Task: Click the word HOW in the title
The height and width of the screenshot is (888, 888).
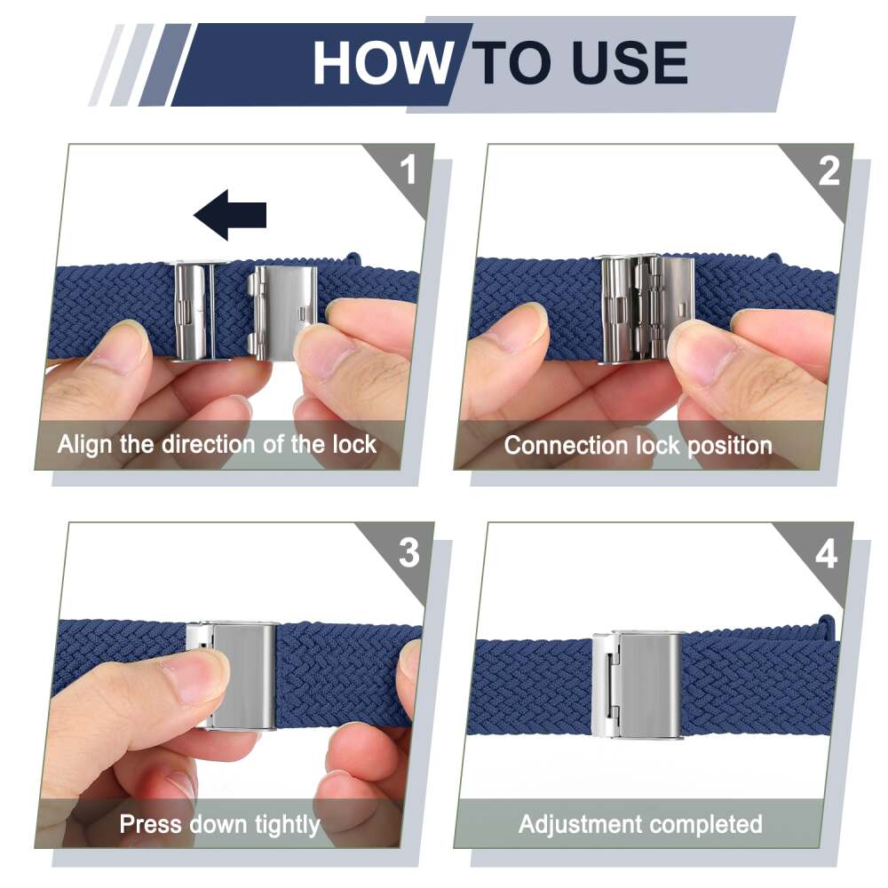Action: pyautogui.click(x=383, y=63)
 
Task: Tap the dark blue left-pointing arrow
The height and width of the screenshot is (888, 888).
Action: pyautogui.click(x=230, y=215)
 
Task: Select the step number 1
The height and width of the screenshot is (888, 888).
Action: pyautogui.click(x=408, y=170)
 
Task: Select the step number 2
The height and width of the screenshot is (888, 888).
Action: pyautogui.click(x=829, y=171)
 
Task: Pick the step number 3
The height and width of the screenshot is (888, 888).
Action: pyautogui.click(x=408, y=552)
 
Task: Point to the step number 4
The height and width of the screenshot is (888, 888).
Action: pyautogui.click(x=826, y=554)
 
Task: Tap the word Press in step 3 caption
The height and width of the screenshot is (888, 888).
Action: pyautogui.click(x=151, y=824)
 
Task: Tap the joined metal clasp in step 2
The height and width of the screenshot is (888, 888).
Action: pyautogui.click(x=645, y=308)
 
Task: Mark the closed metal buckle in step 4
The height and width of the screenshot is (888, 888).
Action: pyautogui.click(x=636, y=686)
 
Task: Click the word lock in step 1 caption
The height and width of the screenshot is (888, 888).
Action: pyautogui.click(x=354, y=445)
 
